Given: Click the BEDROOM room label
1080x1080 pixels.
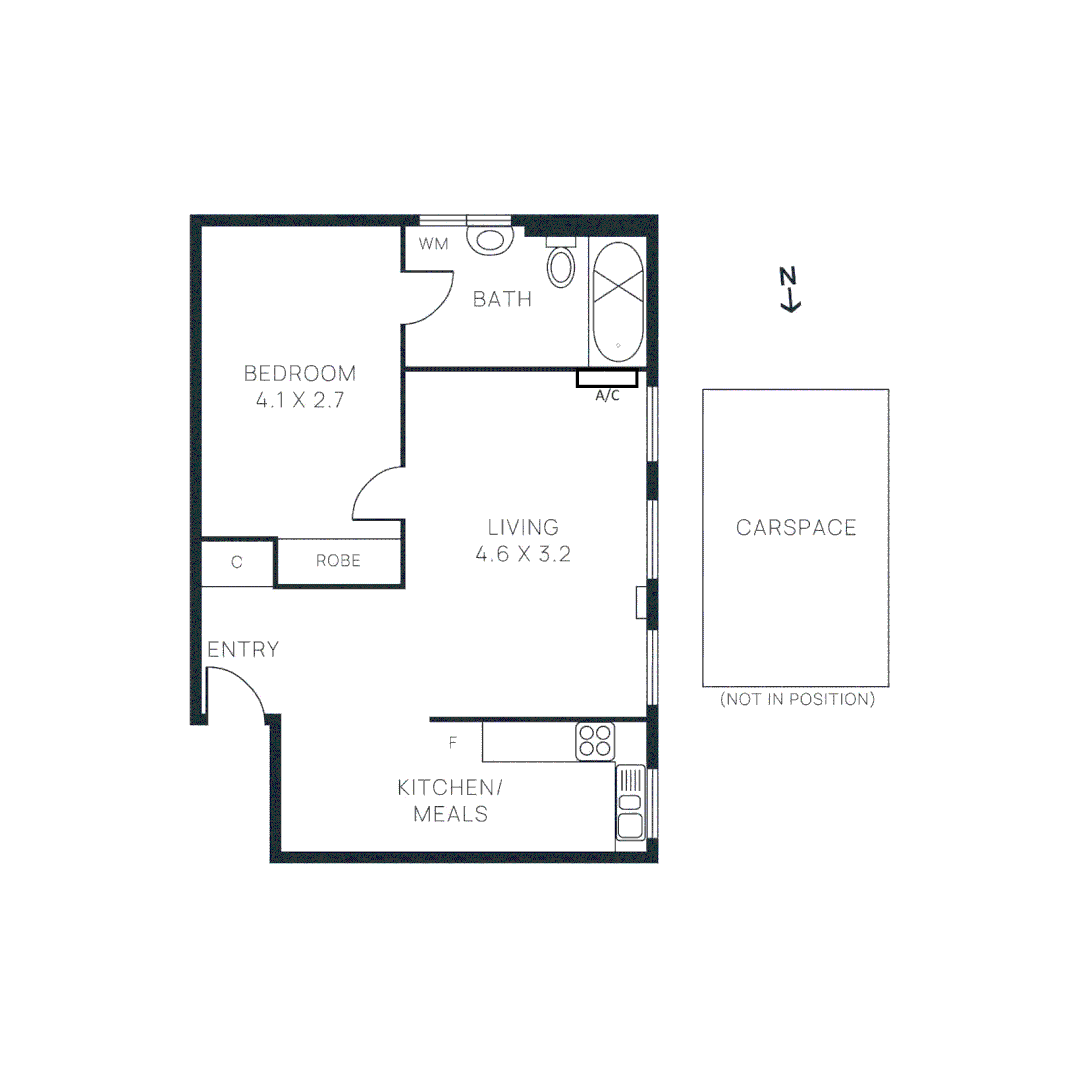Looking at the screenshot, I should (x=300, y=374).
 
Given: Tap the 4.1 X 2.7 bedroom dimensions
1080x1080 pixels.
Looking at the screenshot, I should (x=300, y=404).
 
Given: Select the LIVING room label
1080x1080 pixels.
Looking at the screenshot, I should (x=523, y=527).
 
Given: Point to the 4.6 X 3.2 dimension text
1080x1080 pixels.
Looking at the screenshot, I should (x=523, y=555).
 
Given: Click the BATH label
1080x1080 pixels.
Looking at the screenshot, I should (x=502, y=299).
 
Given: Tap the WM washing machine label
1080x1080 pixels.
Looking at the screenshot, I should (x=433, y=244).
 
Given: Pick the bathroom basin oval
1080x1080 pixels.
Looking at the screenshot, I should (x=562, y=266).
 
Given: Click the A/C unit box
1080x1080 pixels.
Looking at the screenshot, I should (x=607, y=378).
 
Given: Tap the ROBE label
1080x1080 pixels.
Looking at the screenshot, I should (x=338, y=561).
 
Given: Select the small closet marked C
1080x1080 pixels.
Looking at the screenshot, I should (x=237, y=562).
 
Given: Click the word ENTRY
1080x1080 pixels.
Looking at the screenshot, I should (x=243, y=650).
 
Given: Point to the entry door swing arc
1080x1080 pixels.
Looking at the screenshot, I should (x=240, y=690).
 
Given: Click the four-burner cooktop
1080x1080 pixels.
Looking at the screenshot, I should (x=594, y=741).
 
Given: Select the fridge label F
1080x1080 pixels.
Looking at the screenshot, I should (x=453, y=743).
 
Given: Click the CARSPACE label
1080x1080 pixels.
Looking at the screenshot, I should (x=796, y=528).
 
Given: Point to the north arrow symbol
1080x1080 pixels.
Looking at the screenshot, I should (x=790, y=290).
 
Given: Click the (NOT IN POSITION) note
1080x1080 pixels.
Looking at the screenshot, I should (x=797, y=700).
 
